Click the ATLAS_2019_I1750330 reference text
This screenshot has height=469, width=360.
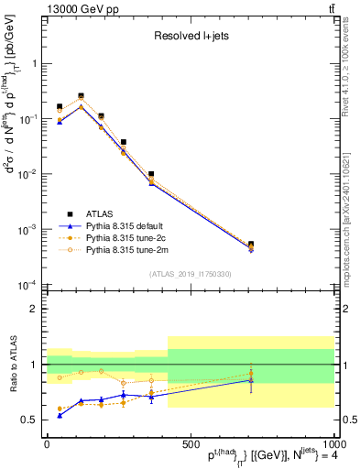[x=191, y=273]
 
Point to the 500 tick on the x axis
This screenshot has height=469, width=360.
[x=190, y=442]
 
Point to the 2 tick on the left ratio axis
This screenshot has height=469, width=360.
[x=36, y=309]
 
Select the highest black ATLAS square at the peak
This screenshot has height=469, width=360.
[x=81, y=96]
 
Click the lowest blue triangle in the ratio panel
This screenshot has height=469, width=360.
[x=60, y=415]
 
